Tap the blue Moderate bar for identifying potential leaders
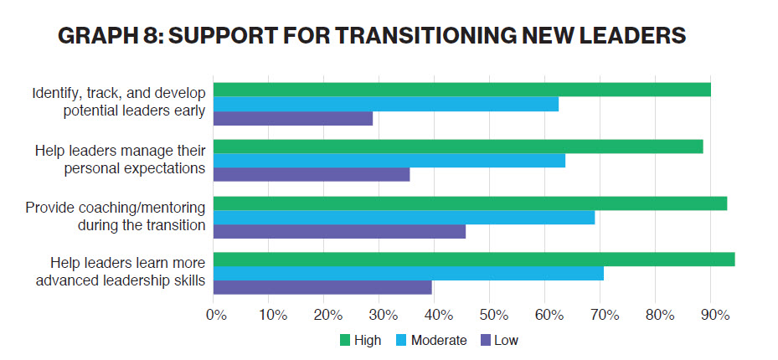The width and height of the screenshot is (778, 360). coord(386,104)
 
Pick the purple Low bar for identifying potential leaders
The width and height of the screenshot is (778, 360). coord(293,118)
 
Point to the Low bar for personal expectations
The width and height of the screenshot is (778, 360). coord(312,174)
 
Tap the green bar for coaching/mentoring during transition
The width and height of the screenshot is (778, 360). coord(470,203)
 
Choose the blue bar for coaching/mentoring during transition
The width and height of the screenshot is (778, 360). coord(404,218)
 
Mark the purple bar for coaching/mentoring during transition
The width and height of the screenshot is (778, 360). coord(339,231)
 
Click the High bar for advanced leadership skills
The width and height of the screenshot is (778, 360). coord(474,260)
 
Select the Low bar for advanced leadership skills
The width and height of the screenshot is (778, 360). coord(322,287)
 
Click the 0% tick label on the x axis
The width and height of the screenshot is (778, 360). coord(216,316)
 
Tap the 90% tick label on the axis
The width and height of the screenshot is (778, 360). coord(714,316)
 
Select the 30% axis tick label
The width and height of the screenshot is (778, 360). coord(382,316)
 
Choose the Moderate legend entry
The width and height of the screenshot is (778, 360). coord(438,340)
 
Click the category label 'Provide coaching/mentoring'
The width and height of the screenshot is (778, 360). coord(116,208)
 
